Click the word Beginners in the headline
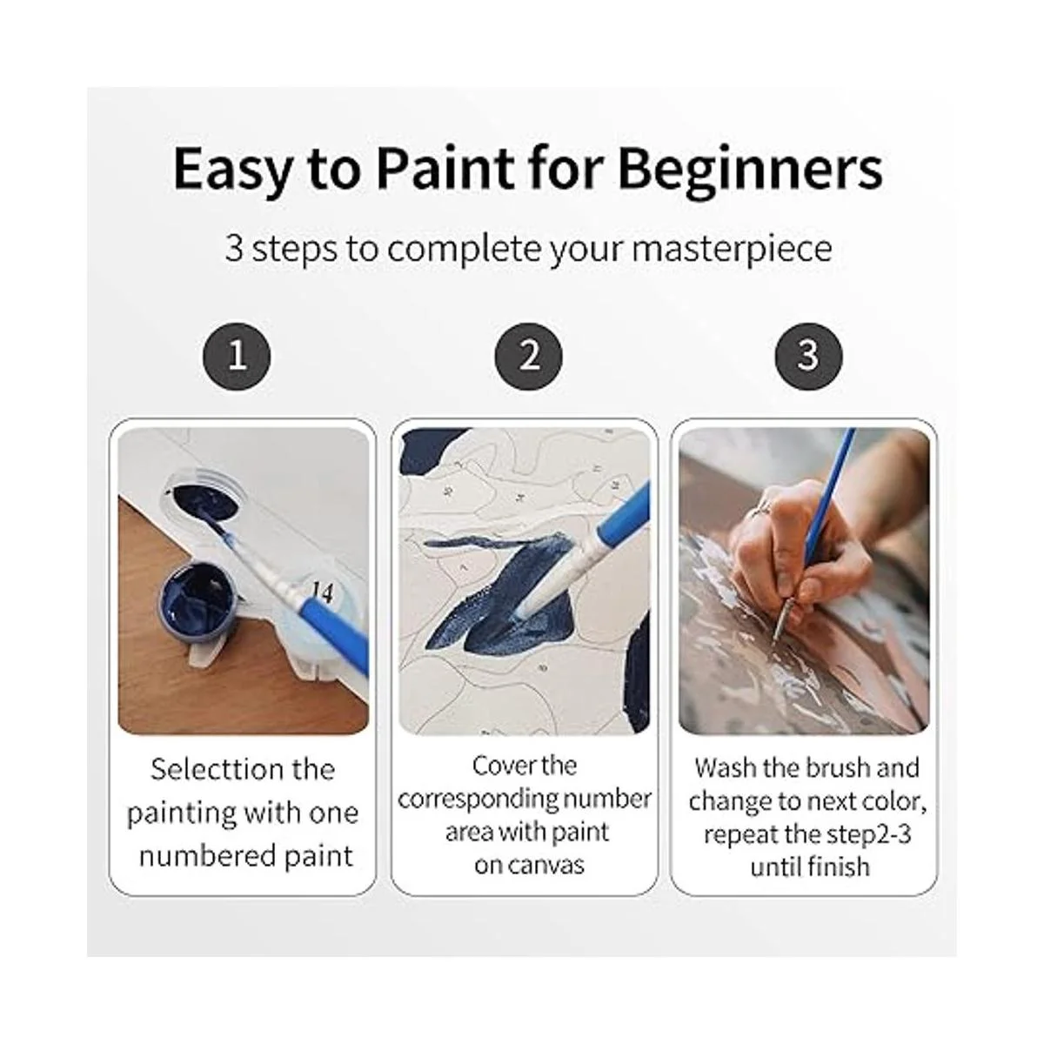751,169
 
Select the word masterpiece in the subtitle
732,250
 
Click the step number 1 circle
237,357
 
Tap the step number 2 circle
528,357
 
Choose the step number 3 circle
809,357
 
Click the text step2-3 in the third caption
865,835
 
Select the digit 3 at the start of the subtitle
233,248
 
